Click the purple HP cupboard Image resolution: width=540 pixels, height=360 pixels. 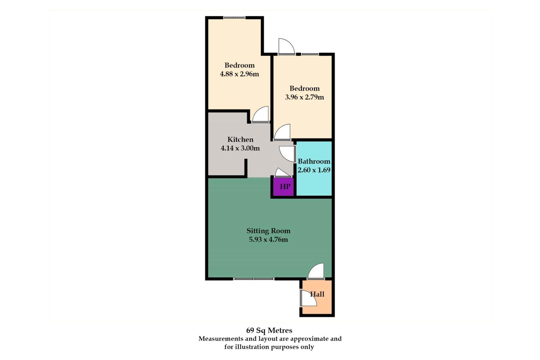pyautogui.click(x=283, y=186)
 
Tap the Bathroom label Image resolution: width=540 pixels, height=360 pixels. pyautogui.click(x=314, y=161)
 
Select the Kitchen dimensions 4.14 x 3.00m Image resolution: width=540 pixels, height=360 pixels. pyautogui.click(x=240, y=148)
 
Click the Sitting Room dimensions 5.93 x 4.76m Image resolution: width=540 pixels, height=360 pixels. pyautogui.click(x=268, y=240)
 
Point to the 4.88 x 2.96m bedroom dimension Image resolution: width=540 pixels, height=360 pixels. pyautogui.click(x=239, y=74)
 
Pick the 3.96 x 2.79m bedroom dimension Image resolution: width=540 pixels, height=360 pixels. pyautogui.click(x=304, y=97)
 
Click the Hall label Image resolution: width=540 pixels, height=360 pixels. pyautogui.click(x=317, y=294)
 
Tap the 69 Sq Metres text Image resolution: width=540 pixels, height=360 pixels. pyautogui.click(x=269, y=330)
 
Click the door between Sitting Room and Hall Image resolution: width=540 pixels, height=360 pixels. pyautogui.click(x=316, y=271)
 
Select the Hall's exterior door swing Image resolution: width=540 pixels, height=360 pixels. pyautogui.click(x=309, y=298)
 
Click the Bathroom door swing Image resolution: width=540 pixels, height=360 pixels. pyautogui.click(x=287, y=154)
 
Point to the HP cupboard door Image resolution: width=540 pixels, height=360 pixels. pyautogui.click(x=283, y=172)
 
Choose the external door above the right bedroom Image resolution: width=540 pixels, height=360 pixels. pyautogui.click(x=287, y=46)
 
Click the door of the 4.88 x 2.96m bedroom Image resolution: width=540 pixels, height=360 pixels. pyautogui.click(x=260, y=114)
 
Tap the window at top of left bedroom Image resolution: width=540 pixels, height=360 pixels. pyautogui.click(x=234, y=18)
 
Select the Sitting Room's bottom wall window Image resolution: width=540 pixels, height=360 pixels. pyautogui.click(x=254, y=279)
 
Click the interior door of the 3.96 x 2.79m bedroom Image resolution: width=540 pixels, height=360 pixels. pyautogui.click(x=282, y=132)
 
